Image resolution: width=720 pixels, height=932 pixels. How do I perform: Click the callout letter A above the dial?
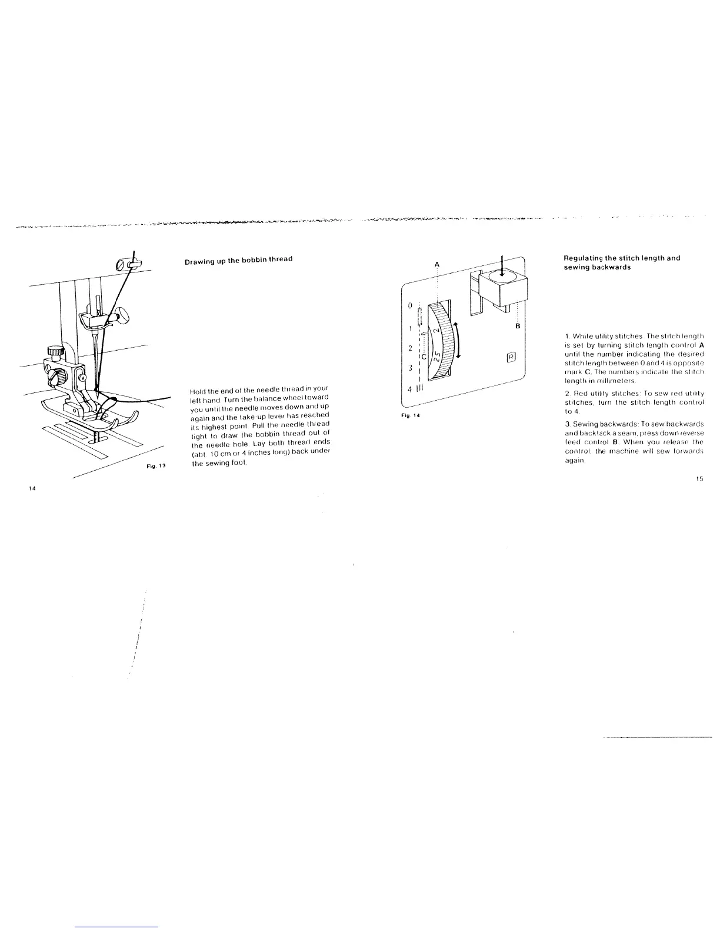point(437,264)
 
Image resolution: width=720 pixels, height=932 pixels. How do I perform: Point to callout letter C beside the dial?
point(424,357)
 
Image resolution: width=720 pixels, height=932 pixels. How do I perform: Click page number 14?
point(33,488)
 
